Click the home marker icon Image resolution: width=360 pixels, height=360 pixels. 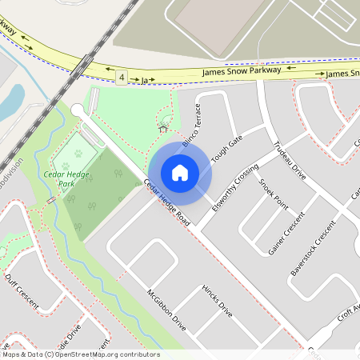coord(180,173)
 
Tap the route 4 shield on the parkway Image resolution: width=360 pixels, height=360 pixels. coord(122,77)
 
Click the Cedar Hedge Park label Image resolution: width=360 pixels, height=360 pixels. coord(65,178)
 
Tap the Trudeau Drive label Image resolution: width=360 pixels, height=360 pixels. coord(290,160)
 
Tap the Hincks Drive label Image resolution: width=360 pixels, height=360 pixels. coord(216,300)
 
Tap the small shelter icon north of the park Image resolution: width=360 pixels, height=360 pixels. coord(163,127)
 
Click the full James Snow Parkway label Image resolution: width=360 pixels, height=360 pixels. coord(242,70)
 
